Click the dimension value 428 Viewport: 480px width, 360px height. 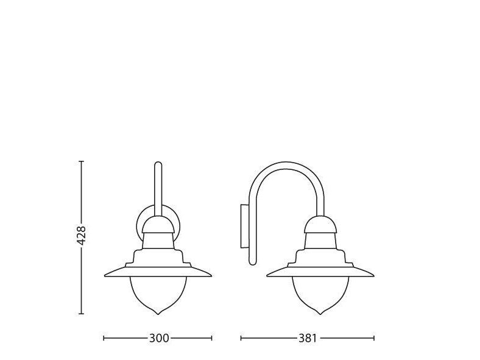(x=81, y=235)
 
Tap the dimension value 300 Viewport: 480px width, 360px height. (x=159, y=338)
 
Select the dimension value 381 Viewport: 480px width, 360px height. (x=308, y=338)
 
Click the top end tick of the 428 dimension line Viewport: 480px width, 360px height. (x=81, y=161)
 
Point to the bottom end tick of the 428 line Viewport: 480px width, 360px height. (x=81, y=314)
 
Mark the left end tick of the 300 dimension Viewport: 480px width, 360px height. (x=104, y=338)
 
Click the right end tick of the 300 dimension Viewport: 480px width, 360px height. (x=211, y=338)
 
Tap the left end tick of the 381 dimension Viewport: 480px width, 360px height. (x=241, y=338)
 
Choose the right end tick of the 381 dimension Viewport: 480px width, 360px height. (x=374, y=338)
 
